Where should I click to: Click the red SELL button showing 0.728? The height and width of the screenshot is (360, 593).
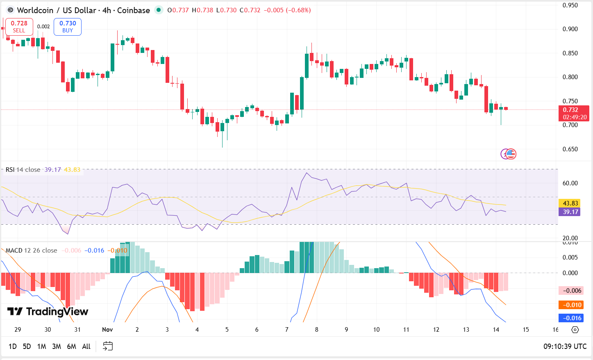(19, 27)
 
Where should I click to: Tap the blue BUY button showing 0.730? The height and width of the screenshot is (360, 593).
(68, 27)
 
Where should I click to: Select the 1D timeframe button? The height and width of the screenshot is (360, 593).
(13, 346)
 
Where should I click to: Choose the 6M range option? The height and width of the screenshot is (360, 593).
(71, 346)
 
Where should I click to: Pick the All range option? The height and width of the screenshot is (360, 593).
(86, 346)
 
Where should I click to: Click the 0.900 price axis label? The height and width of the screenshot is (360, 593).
(570, 29)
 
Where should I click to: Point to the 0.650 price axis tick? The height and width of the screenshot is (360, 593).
(570, 149)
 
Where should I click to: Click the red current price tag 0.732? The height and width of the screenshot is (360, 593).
(574, 113)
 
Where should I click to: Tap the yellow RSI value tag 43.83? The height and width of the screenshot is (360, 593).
(570, 203)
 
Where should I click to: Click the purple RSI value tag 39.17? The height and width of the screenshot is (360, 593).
(570, 212)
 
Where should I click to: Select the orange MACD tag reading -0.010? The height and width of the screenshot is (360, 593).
(570, 305)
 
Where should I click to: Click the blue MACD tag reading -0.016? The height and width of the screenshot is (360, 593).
(570, 318)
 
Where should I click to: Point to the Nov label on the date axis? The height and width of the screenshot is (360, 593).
(107, 330)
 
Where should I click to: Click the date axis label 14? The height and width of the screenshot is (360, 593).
(496, 330)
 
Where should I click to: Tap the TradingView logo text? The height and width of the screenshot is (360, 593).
(48, 312)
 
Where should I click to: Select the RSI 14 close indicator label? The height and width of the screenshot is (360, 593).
(23, 170)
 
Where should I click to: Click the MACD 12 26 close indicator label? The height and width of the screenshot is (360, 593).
(32, 251)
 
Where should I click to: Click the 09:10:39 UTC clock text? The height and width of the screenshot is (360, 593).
(565, 346)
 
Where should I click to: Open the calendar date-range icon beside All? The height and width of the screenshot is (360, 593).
(108, 346)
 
